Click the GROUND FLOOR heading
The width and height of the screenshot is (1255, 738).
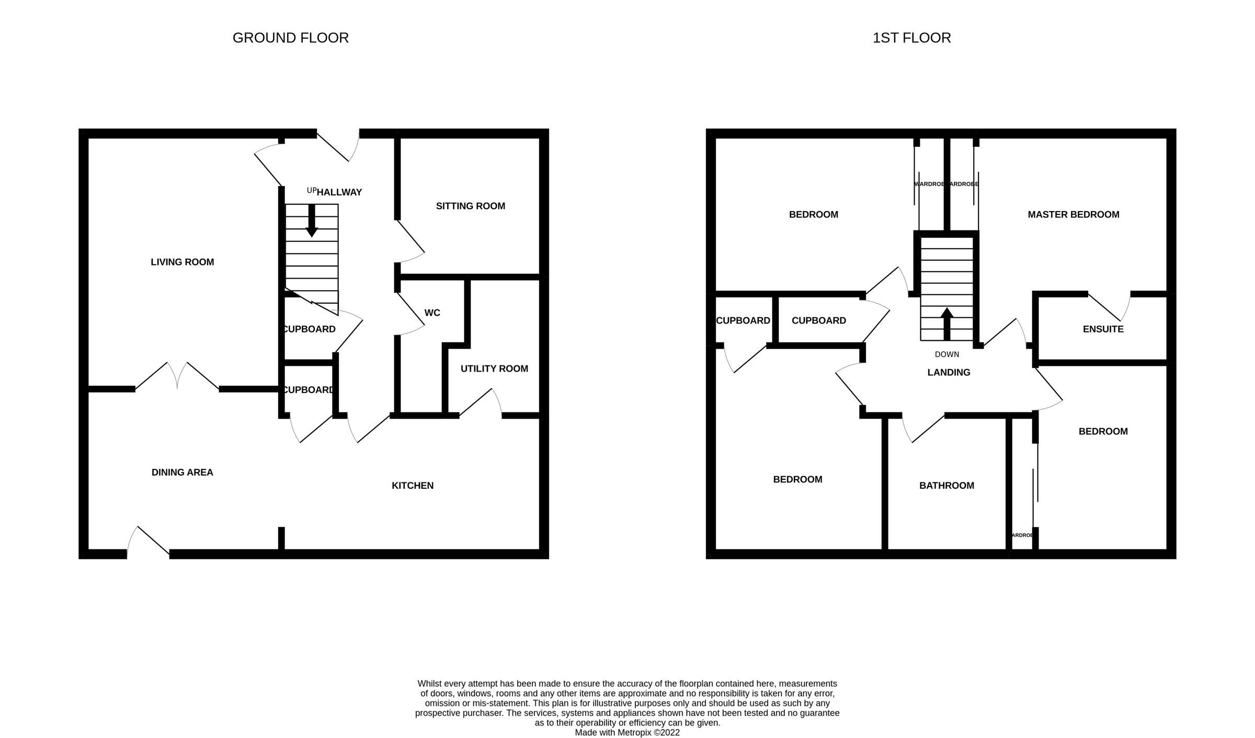click(290, 38)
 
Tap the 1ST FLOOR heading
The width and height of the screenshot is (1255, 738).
click(911, 38)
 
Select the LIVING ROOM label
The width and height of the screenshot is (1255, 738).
click(182, 262)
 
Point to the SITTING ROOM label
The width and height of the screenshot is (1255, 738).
click(470, 206)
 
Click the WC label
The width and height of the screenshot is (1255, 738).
click(432, 313)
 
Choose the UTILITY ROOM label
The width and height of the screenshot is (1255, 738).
click(494, 368)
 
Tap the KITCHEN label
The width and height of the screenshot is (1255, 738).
click(413, 486)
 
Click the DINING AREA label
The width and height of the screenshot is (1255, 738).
click(182, 472)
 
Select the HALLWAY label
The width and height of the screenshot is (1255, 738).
click(339, 192)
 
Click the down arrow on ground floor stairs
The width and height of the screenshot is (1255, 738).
click(312, 222)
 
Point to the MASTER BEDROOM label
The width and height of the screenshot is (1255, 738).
click(1073, 214)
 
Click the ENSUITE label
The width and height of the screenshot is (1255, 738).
click(1103, 329)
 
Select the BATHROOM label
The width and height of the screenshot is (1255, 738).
click(946, 486)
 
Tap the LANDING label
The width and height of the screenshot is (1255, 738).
click(949, 372)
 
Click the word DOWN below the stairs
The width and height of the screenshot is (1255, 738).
click(947, 354)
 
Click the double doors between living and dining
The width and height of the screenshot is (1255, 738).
click(177, 376)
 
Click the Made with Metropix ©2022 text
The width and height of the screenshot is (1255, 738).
click(627, 732)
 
